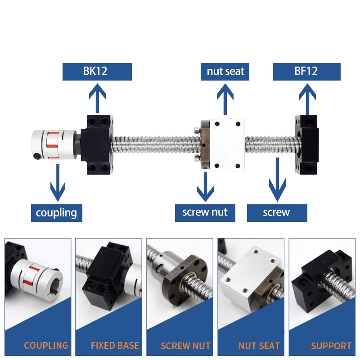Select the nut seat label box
[x=225, y=72]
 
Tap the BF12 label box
[x=307, y=72]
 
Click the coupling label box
[x=57, y=212]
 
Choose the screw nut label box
[x=205, y=212]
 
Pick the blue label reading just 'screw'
[x=277, y=212]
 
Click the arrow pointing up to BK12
[x=96, y=98]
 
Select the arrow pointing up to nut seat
[x=225, y=98]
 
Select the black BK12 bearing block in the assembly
[x=96, y=144]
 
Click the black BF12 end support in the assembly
[x=307, y=144]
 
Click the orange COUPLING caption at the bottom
[x=46, y=346]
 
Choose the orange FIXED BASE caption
[x=115, y=346]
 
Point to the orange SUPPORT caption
[x=331, y=346]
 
